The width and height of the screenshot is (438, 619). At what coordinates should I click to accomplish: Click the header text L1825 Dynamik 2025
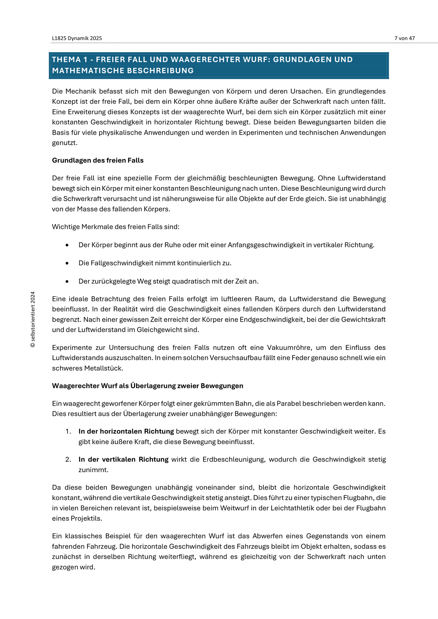tap(77, 38)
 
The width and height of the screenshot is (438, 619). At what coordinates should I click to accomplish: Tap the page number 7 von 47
tap(404, 38)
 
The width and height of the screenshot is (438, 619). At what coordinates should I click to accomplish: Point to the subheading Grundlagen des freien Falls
tap(98, 160)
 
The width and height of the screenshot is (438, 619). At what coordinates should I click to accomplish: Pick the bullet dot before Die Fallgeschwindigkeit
tap(67, 263)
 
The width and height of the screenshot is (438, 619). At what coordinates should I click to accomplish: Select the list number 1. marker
tap(68, 431)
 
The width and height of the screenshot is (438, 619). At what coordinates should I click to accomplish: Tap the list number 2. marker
tap(68, 459)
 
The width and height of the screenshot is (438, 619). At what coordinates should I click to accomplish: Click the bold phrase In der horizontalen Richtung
tap(126, 431)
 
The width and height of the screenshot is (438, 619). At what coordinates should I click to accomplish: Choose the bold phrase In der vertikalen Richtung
tap(123, 459)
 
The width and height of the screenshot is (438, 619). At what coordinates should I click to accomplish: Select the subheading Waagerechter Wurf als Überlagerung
tap(148, 386)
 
